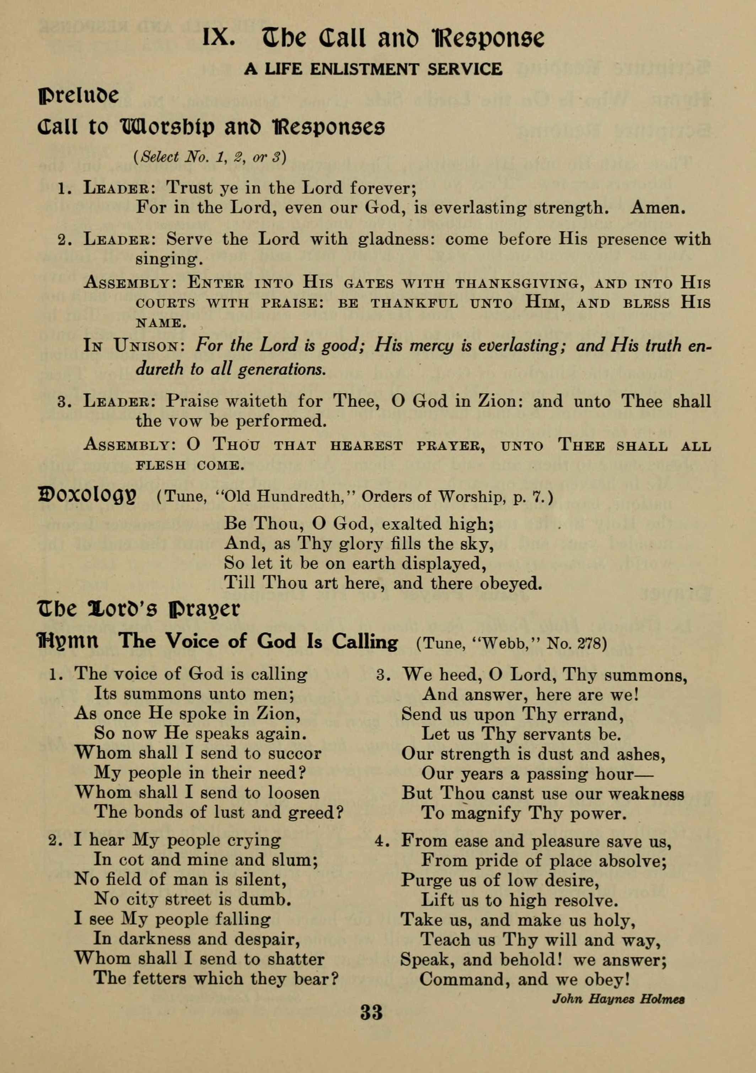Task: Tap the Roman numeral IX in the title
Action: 218,37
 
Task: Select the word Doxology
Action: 87,495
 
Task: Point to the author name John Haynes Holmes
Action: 618,999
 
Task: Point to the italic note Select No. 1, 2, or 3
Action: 210,157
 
